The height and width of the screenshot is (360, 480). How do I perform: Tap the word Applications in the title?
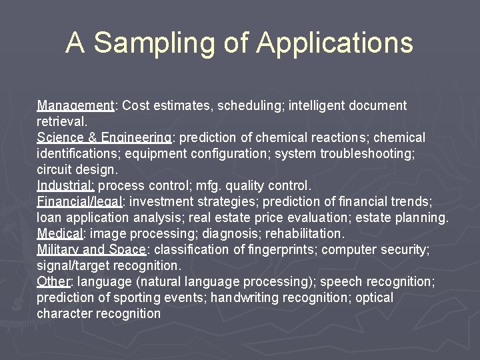[335, 43]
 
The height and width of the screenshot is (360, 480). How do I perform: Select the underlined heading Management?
[75, 105]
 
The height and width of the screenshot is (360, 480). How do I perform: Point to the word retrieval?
[61, 121]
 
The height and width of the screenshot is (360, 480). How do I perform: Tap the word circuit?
[55, 169]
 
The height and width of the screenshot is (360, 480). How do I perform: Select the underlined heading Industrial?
[66, 185]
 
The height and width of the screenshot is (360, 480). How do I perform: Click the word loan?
[49, 217]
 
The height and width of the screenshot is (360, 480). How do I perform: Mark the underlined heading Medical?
[59, 233]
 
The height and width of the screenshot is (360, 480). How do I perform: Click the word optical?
[374, 297]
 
